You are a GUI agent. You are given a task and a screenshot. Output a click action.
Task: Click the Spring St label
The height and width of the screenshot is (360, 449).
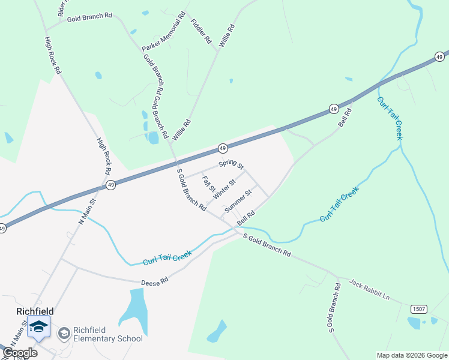(x=231, y=164)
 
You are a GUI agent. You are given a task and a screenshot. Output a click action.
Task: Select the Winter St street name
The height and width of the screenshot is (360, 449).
(x=224, y=188)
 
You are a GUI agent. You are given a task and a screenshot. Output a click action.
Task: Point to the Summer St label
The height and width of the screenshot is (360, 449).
(x=237, y=200)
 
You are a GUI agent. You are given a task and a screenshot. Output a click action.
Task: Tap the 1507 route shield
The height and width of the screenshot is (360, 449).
(x=419, y=308)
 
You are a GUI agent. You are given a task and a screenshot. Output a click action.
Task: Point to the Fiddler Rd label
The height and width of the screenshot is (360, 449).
(x=202, y=31)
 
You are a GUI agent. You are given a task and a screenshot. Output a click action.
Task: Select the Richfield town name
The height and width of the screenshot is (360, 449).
(x=35, y=311)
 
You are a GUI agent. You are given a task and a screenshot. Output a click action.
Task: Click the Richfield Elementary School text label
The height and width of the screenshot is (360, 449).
(x=108, y=334)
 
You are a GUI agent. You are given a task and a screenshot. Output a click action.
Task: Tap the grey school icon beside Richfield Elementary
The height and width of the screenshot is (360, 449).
(x=63, y=334)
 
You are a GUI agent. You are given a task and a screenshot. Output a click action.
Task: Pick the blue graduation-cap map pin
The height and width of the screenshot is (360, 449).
(x=38, y=328)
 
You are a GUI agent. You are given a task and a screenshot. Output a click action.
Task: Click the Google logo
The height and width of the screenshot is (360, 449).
(x=20, y=353)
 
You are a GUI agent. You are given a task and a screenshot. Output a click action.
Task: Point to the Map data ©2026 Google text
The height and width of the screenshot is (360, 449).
(x=412, y=355)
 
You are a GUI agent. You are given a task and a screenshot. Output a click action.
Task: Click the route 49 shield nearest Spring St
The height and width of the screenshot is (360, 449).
(x=222, y=148)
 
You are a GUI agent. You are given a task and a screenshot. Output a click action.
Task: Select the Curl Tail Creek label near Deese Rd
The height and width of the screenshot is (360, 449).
(x=168, y=257)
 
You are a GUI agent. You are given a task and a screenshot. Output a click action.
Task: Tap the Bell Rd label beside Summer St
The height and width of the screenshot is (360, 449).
(x=246, y=218)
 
